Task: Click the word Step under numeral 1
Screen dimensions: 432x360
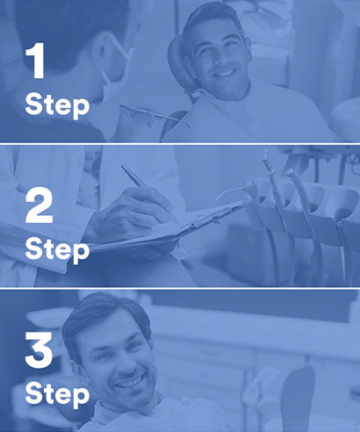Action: coord(57,105)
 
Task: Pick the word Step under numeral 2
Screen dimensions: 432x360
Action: coord(57,249)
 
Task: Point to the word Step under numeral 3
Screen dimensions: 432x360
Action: coord(57,393)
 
